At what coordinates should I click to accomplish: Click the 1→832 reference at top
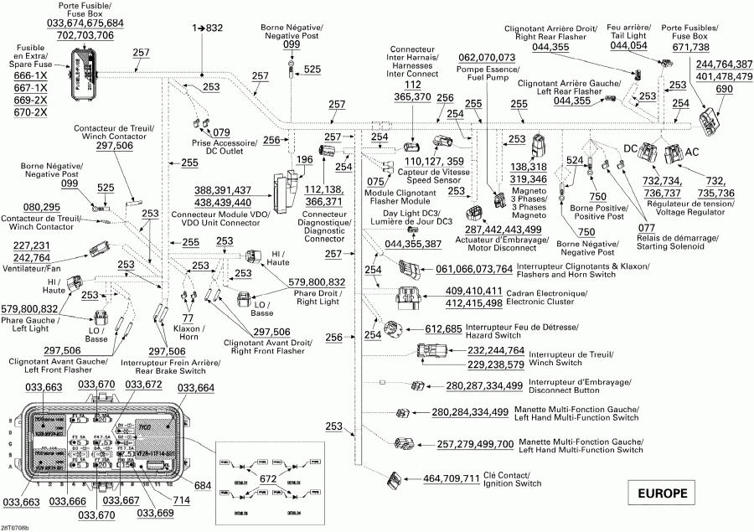208,28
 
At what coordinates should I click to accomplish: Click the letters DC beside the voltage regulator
631,147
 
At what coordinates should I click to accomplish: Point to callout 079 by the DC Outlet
221,132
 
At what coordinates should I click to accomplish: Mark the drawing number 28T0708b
15,528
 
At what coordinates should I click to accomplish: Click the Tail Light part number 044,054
628,46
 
